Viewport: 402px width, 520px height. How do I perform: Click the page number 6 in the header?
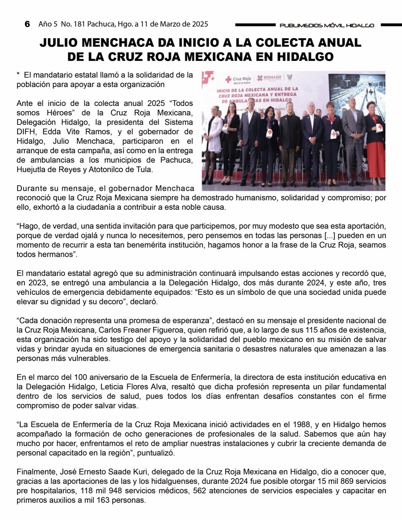(x=27, y=24)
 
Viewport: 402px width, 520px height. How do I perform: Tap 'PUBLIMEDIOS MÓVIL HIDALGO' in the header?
(x=327, y=25)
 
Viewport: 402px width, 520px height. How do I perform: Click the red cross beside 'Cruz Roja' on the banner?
(x=228, y=79)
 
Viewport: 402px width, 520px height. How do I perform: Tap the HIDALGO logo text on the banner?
(x=273, y=77)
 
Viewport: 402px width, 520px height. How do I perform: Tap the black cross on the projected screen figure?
(x=370, y=92)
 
